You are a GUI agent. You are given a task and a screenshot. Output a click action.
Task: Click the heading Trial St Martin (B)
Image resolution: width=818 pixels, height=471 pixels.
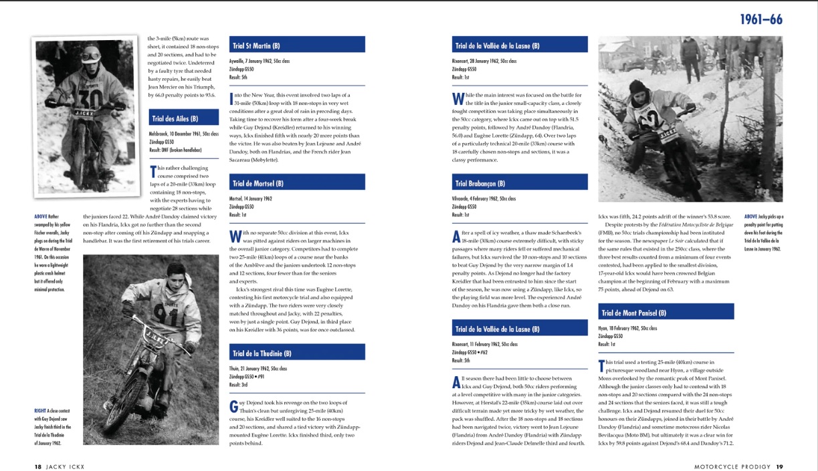point(256,45)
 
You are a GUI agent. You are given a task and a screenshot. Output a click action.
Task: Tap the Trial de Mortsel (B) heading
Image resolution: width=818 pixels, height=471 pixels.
point(258,183)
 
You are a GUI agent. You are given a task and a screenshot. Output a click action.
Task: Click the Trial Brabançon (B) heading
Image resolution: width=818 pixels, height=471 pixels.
point(480,183)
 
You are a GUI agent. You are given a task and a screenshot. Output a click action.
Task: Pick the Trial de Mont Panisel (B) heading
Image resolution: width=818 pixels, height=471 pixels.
point(634,313)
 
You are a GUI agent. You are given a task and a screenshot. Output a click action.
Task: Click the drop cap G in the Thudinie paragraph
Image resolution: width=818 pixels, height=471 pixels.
point(233,406)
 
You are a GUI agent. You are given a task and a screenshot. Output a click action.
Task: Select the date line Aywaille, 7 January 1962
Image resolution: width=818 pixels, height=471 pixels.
point(260,61)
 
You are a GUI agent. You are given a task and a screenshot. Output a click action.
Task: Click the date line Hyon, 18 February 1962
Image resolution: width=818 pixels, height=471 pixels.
point(627,328)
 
